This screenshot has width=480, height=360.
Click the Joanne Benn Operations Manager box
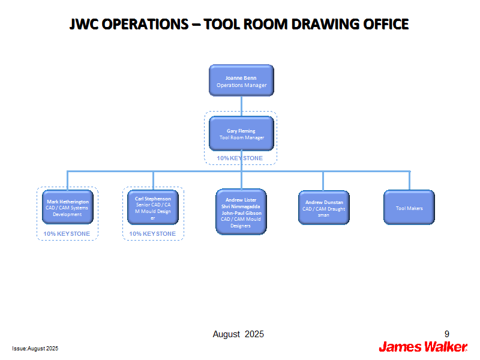pos(241,80)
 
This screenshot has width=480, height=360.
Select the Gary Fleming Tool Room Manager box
pos(241,133)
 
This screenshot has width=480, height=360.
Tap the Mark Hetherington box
pos(68,207)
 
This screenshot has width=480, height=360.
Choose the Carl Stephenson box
pos(153,207)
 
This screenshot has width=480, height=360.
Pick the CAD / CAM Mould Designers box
pos(241,212)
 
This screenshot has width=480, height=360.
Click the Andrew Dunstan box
pos(324,208)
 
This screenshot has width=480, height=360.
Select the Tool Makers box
pos(409,208)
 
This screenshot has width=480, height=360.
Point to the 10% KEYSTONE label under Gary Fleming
pos(239,158)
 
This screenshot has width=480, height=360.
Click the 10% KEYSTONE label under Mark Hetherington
pos(67,234)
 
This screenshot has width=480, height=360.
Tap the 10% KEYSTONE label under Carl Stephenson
pos(152,234)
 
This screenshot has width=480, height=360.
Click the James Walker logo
pos(423,347)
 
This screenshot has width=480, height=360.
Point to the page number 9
pos(447,334)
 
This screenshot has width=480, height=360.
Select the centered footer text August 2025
pos(238,334)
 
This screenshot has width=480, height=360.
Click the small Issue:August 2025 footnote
pos(35,349)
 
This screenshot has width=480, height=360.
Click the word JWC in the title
pos(83,24)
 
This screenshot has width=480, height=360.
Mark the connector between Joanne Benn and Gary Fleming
pos(242,106)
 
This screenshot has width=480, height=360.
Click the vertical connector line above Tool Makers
pos(410,181)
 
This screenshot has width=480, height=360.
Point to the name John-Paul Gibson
pos(242,213)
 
